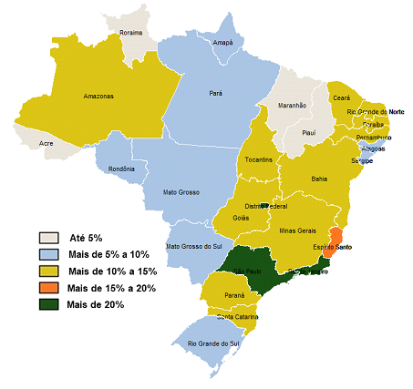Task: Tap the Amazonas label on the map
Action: coord(98,96)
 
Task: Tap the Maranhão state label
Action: coord(292,106)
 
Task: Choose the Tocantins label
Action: coord(259,159)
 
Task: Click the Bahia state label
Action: coord(319,179)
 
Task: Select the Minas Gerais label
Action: coord(297,231)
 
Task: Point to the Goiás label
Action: coord(242,219)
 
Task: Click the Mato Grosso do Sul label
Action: coord(194,247)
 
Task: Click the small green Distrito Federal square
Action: coord(264,206)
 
